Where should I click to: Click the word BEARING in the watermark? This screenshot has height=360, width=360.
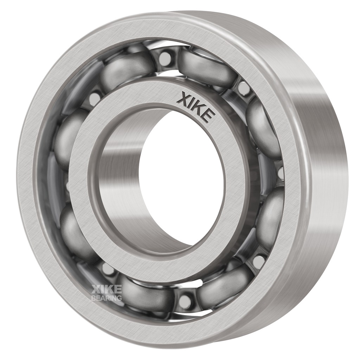click(107, 298)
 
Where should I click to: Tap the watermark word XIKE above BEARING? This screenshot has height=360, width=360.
click(107, 289)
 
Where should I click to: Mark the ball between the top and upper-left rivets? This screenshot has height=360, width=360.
click(128, 69)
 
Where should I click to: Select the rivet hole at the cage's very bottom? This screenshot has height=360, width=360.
click(185, 302)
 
